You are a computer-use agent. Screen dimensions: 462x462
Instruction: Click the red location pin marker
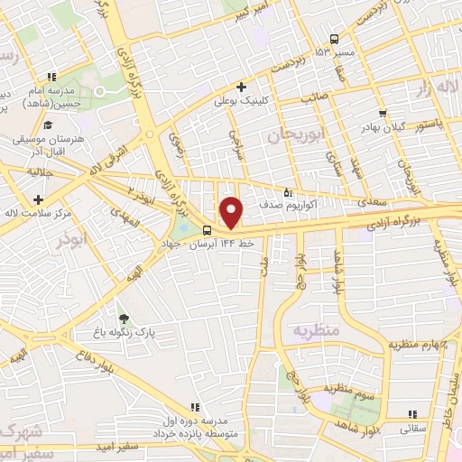[232, 212]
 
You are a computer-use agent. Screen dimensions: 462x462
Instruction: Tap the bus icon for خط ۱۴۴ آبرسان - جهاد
[208, 229]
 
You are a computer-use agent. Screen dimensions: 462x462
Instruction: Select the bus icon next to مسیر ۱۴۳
[335, 39]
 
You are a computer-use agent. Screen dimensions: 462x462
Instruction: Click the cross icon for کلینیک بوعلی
[242, 87]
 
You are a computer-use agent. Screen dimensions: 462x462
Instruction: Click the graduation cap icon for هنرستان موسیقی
[48, 123]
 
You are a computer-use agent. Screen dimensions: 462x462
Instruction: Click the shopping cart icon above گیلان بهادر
[383, 114]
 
